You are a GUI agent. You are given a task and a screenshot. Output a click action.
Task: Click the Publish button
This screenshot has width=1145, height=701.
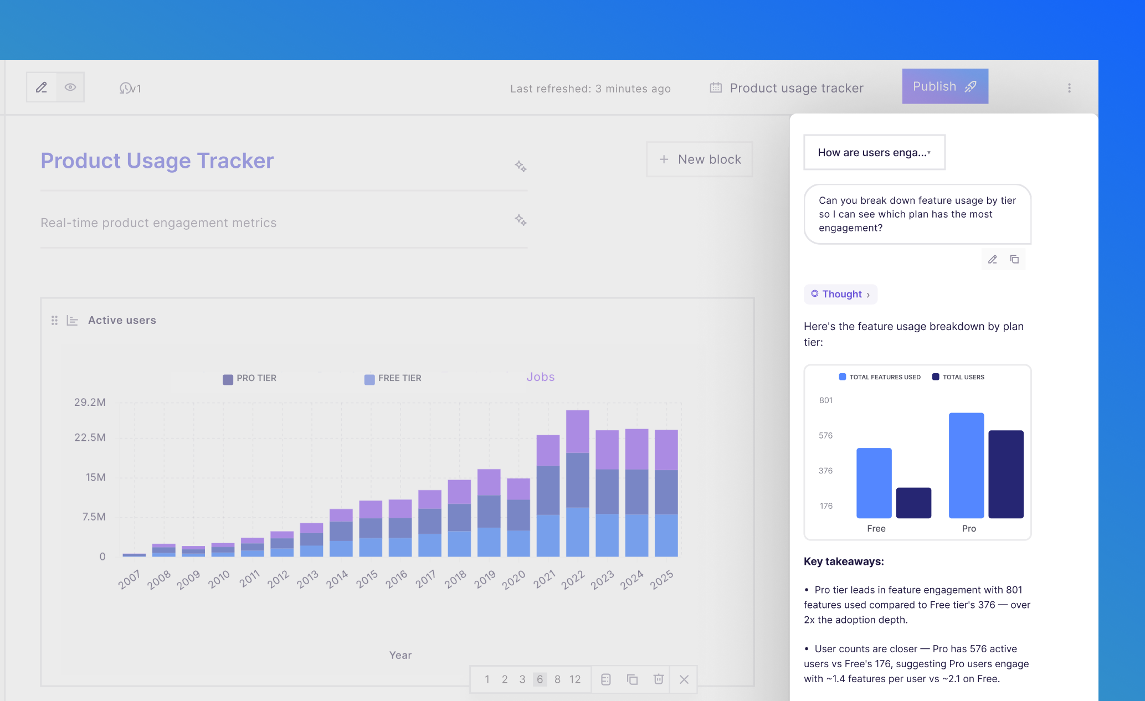tap(944, 86)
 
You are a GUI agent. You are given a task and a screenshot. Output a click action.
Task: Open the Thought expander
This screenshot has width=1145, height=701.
tap(840, 294)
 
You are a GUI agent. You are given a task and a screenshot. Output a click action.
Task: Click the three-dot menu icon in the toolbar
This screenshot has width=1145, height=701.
tap(1069, 88)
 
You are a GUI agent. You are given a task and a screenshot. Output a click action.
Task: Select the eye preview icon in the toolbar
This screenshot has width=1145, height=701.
tap(70, 87)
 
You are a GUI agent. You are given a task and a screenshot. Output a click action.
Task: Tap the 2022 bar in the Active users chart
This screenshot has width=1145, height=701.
tap(577, 483)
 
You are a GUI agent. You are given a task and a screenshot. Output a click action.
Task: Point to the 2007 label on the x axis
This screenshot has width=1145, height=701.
tap(130, 579)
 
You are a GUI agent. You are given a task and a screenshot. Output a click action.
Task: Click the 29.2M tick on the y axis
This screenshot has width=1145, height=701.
tap(90, 402)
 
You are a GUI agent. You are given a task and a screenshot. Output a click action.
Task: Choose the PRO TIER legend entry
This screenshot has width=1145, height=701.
tap(249, 378)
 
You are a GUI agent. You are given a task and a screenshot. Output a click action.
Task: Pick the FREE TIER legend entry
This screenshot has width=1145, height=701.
tap(393, 378)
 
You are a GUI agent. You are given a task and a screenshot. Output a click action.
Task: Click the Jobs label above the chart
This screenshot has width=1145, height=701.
tap(540, 377)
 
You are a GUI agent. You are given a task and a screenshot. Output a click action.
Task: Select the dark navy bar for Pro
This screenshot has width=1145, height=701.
tap(1005, 474)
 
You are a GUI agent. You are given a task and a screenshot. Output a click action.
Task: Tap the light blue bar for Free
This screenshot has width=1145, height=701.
tap(874, 483)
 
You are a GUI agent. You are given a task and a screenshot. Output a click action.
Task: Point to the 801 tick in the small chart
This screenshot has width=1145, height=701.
tap(825, 400)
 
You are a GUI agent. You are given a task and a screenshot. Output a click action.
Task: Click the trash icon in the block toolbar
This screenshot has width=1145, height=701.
tap(658, 679)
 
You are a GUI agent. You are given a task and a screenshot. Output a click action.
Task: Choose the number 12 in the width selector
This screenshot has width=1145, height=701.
tap(575, 679)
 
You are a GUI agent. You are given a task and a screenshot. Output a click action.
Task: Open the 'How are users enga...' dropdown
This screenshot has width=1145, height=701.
tap(874, 152)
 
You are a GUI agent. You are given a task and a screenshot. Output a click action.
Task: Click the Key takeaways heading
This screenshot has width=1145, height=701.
tap(844, 561)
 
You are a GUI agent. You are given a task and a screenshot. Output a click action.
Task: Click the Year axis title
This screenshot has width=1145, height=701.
tap(400, 655)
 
